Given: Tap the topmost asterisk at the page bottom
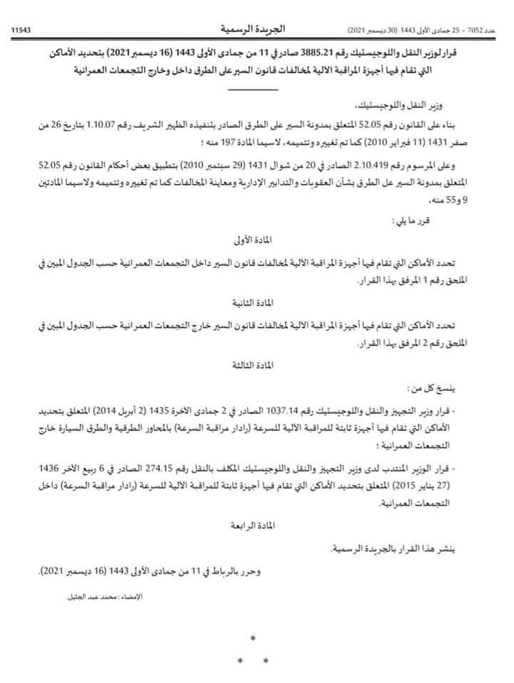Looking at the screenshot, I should click(253, 638).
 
